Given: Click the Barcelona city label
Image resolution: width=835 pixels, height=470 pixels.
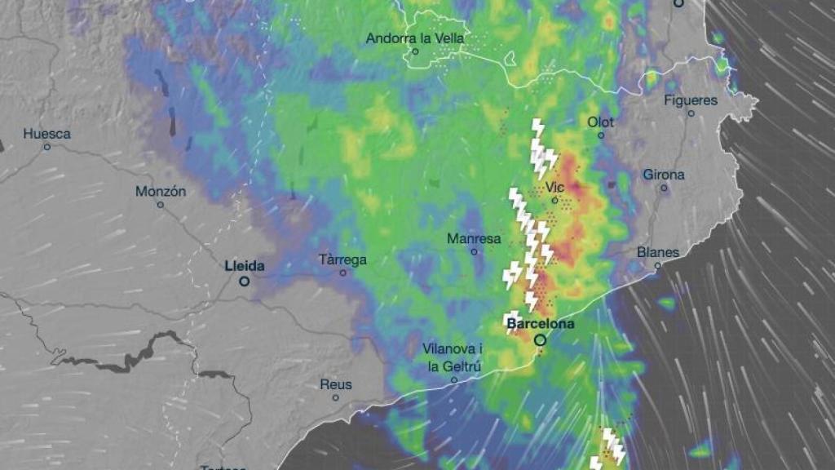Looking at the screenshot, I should click(x=540, y=324).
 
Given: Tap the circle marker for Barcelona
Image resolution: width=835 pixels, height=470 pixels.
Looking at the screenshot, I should click(x=540, y=339).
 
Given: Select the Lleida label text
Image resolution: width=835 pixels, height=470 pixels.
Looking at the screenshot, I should click(x=245, y=265).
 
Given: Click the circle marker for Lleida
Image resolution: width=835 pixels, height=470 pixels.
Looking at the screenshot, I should click(x=244, y=281).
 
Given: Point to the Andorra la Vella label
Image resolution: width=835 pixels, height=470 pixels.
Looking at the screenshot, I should click(x=415, y=38).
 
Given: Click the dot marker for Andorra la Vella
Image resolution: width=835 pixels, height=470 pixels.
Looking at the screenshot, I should click(x=415, y=51).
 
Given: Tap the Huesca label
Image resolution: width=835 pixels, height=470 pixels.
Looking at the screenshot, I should click(x=46, y=134).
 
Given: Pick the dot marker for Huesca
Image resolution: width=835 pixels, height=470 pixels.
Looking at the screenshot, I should click(x=46, y=147).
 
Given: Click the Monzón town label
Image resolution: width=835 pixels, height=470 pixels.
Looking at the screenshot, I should click(x=161, y=191).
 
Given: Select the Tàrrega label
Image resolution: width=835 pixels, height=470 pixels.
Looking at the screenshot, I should click(x=342, y=259).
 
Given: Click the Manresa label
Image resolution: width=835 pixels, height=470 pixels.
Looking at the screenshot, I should click(x=473, y=238).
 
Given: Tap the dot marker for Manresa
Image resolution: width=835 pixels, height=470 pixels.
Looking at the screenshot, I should click(x=474, y=251).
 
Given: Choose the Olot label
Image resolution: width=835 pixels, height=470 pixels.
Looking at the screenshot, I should click(x=601, y=122).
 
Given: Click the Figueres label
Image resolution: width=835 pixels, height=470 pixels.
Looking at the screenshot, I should click(x=691, y=100).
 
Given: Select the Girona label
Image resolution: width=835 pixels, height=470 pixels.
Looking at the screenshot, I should click(x=664, y=175).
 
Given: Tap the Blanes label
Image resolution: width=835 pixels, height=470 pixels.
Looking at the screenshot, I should click(x=657, y=252).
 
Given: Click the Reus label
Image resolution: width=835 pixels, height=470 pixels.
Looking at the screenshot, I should click(x=335, y=384).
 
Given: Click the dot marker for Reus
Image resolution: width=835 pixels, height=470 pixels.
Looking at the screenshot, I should click(x=335, y=397).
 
